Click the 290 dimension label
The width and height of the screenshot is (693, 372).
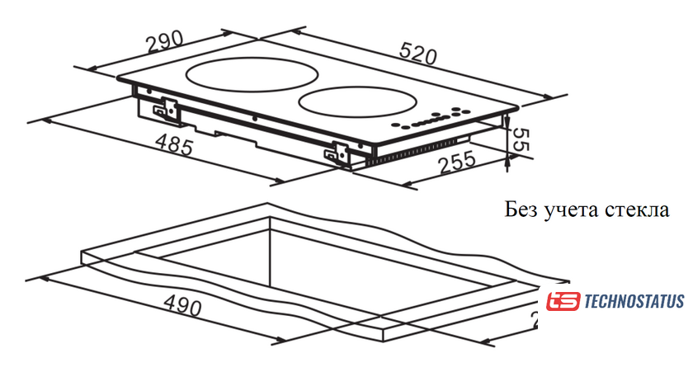[164, 41]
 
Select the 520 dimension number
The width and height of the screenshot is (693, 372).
[418, 54]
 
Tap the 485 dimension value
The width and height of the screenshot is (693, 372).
[175, 144]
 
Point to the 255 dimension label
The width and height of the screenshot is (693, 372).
[457, 162]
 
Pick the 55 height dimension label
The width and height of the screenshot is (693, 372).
[520, 139]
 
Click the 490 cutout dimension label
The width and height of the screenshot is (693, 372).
[182, 304]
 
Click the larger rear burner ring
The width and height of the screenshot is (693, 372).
[252, 75]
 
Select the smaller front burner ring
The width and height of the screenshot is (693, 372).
[357, 102]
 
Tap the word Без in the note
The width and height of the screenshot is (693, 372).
[521, 210]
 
